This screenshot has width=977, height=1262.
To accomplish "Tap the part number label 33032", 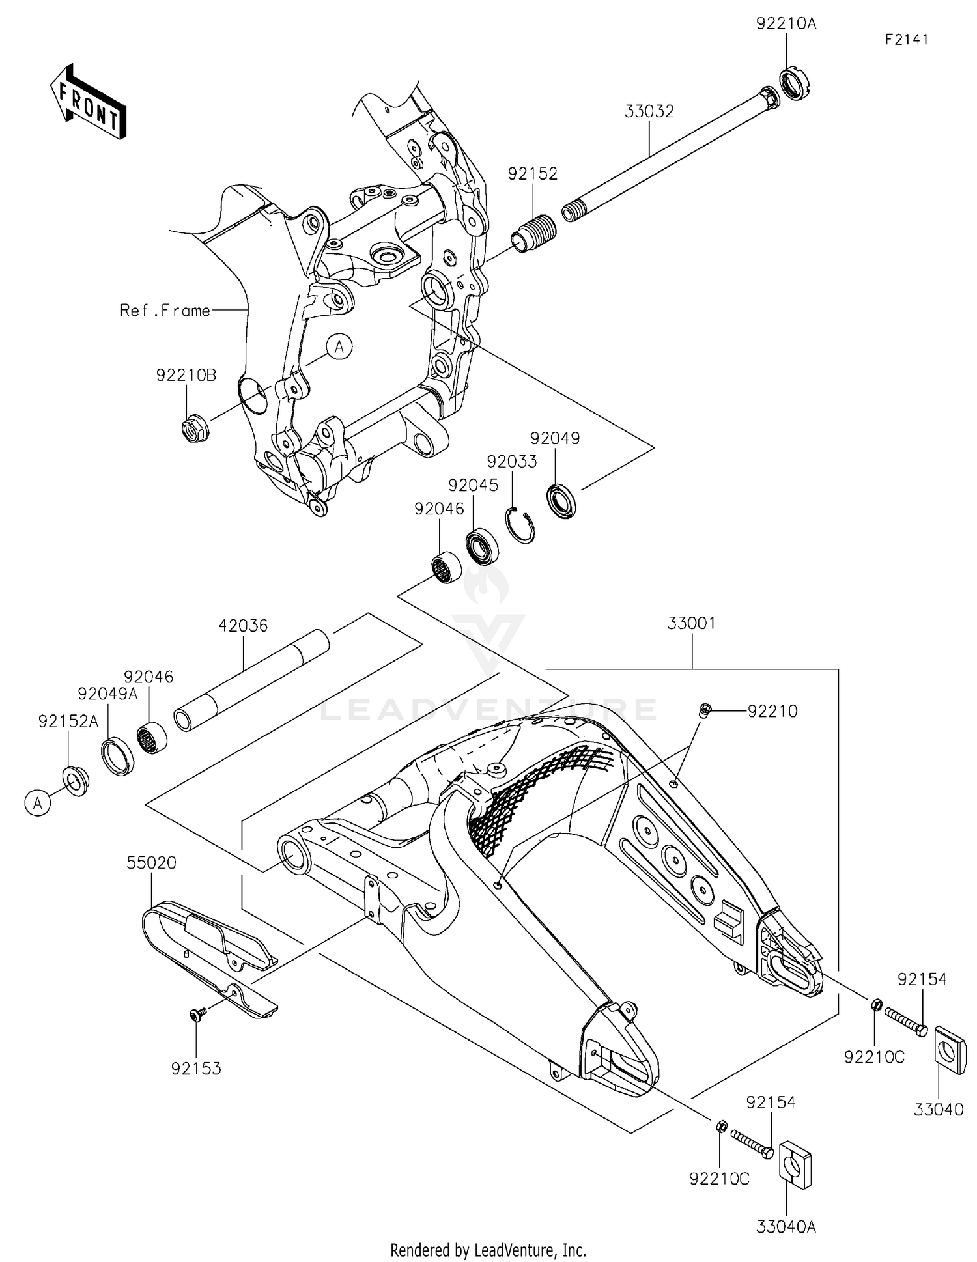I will (649, 111).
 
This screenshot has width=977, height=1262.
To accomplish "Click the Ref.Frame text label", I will (165, 311).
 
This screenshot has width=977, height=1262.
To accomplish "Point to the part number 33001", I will (691, 623).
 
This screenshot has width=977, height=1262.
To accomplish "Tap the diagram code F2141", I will (906, 40).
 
